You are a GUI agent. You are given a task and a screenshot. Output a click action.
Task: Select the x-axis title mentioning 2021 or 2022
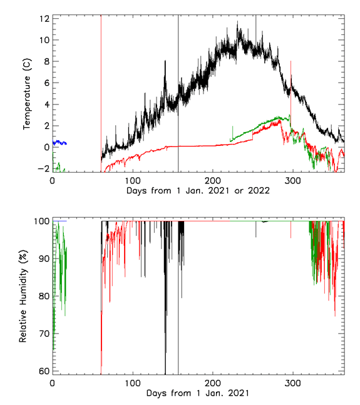[x=198, y=190]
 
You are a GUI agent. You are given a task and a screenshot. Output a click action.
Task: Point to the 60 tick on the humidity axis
[x=43, y=371]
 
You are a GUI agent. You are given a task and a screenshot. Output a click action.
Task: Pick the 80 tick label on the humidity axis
[x=43, y=295]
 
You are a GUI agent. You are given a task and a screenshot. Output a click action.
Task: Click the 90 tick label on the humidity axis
[x=43, y=258]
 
